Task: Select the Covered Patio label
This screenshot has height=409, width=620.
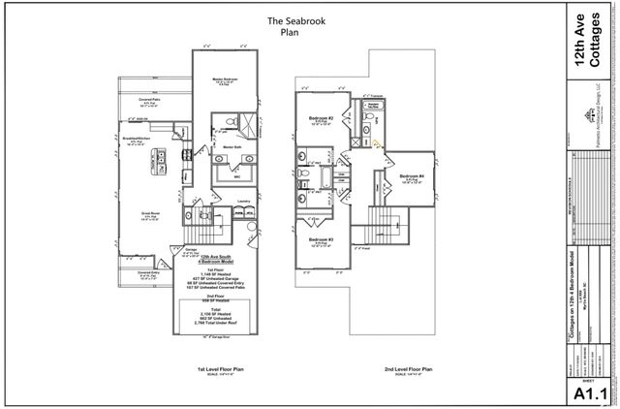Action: (x=149, y=99)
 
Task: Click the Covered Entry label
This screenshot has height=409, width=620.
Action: (x=148, y=274)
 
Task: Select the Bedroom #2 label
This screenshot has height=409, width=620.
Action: (x=323, y=118)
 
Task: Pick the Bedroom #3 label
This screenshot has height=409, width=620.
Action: (x=323, y=239)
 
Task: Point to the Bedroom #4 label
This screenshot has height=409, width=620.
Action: (x=409, y=175)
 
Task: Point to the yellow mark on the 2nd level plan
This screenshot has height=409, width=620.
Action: (x=377, y=143)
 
